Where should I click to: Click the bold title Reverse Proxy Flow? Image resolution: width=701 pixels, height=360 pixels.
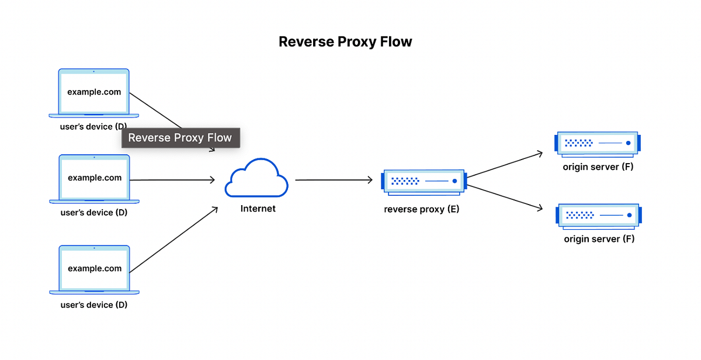tap(345, 42)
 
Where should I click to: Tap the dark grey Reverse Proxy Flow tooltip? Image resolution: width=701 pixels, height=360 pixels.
tap(180, 138)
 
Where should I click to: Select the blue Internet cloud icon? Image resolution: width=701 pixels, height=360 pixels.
tap(256, 178)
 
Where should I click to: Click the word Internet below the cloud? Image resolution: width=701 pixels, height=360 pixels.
tap(258, 208)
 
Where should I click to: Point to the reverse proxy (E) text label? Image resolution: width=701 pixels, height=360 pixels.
tap(421, 209)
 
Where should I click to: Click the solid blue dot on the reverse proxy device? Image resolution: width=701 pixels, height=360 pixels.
tap(453, 181)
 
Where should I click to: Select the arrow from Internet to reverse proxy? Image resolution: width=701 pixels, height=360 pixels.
tap(333, 180)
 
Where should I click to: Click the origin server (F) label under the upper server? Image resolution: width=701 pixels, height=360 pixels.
tap(598, 167)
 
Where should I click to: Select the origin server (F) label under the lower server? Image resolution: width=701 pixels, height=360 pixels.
tap(599, 239)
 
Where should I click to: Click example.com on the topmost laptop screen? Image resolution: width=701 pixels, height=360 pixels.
tap(94, 92)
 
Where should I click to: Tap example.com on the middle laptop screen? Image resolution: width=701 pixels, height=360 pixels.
tap(95, 178)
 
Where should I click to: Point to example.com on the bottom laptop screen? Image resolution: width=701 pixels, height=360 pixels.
tap(95, 269)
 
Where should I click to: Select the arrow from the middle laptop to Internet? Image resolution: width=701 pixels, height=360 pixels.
tap(172, 180)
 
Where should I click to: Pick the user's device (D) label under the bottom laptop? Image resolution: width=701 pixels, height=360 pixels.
tap(94, 304)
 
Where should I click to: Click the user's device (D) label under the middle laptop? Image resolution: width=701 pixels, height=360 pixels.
tap(94, 213)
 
